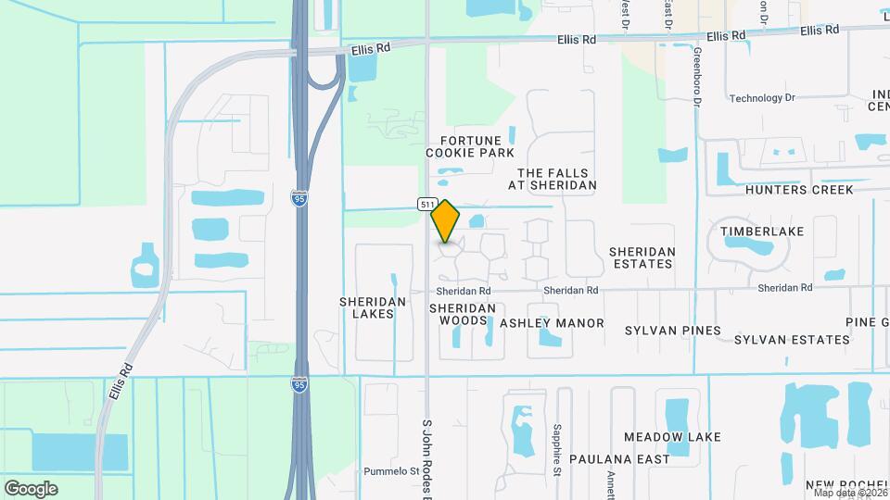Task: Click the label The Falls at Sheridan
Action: pyautogui.click(x=556, y=179)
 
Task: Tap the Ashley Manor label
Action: pyautogui.click(x=552, y=323)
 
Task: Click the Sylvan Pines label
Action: pyautogui.click(x=672, y=331)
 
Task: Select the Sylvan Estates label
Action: pyautogui.click(x=792, y=340)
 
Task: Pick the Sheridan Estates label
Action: pyautogui.click(x=642, y=257)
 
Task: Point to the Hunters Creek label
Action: pyautogui.click(x=798, y=190)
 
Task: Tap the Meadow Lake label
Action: pyautogui.click(x=660, y=436)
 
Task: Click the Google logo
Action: pyautogui.click(x=31, y=489)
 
